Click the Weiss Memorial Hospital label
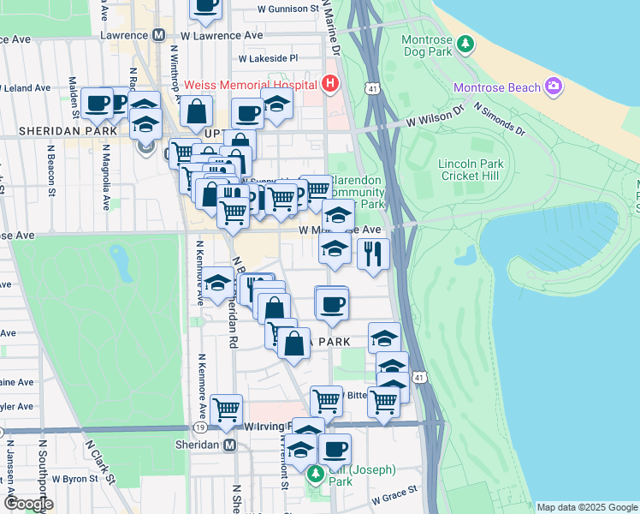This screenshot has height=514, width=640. pos(249,84)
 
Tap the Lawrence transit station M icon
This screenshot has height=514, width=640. pos(158,36)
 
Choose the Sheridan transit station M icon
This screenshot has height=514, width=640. pos(229,445)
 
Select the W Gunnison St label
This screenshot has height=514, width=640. pos(288,9)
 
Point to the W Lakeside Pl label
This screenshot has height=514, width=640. pos(268,59)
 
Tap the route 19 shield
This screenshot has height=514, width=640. pos(198,426)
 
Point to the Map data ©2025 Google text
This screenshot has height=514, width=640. pos(586,507)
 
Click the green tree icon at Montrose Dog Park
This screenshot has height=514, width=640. pos(465,42)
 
